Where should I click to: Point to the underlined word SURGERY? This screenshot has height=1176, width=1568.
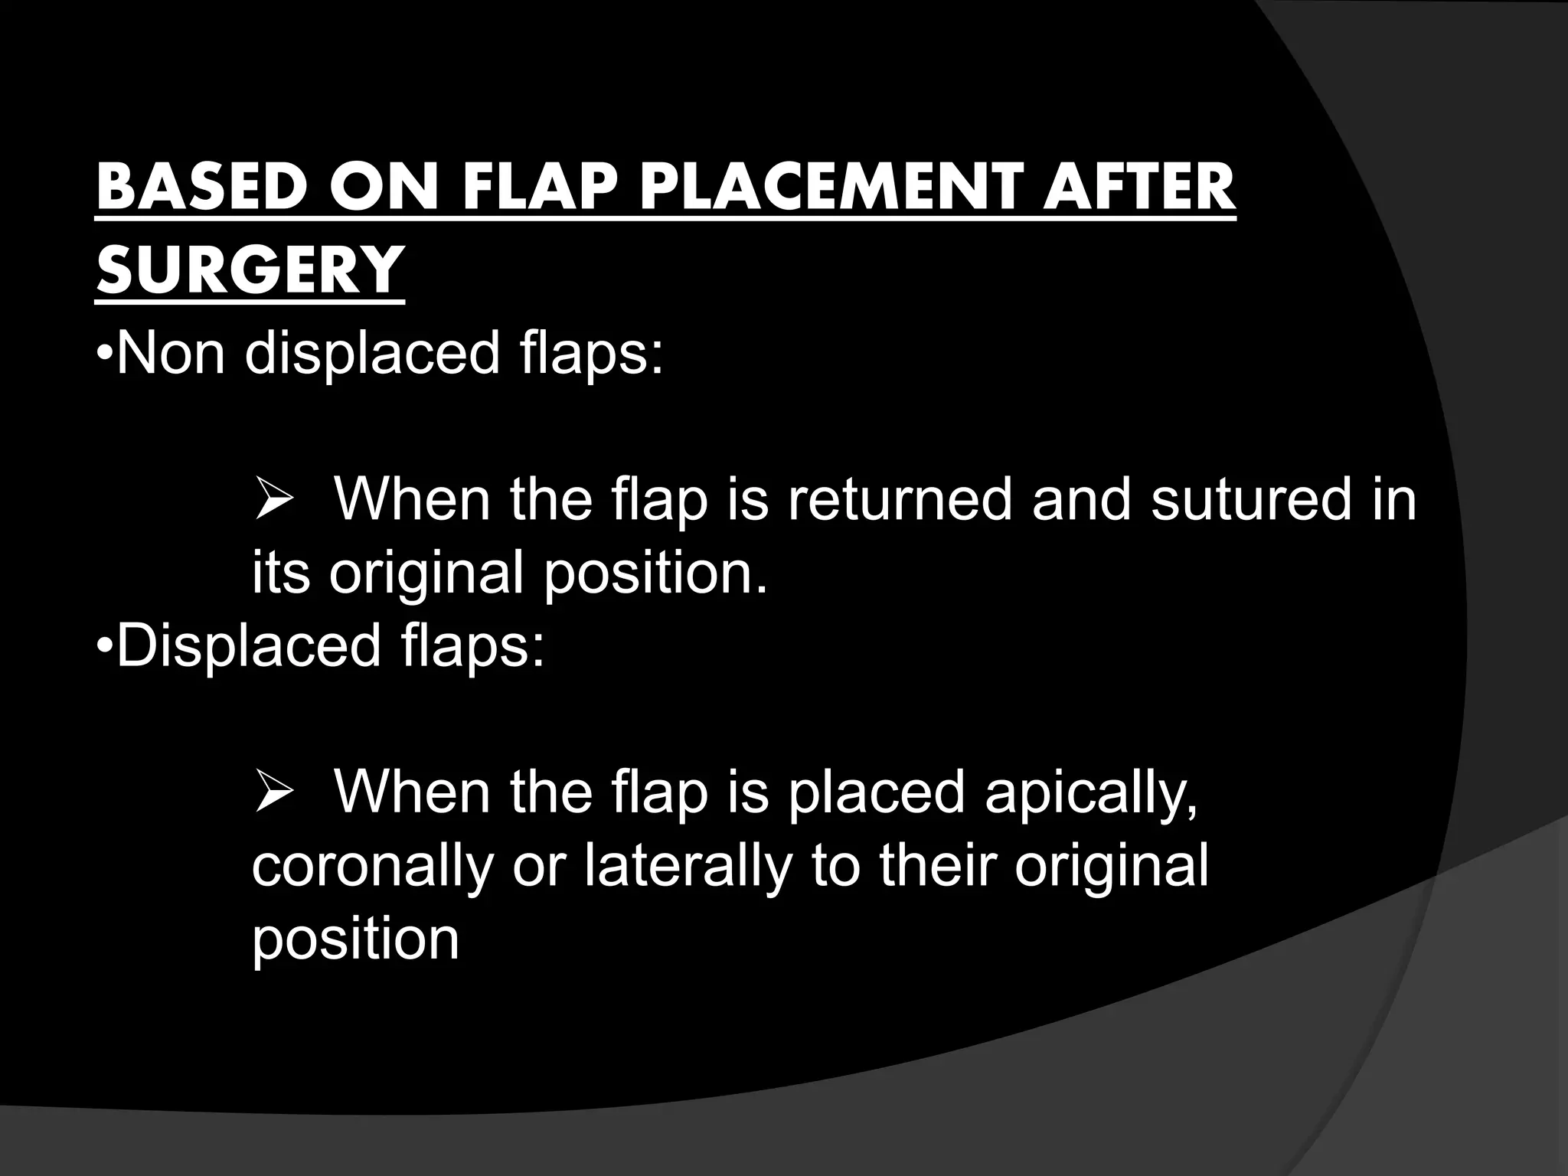pos(250,269)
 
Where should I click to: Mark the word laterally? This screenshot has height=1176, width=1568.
pos(688,866)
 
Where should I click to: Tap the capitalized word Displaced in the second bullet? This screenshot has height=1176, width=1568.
pos(249,645)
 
